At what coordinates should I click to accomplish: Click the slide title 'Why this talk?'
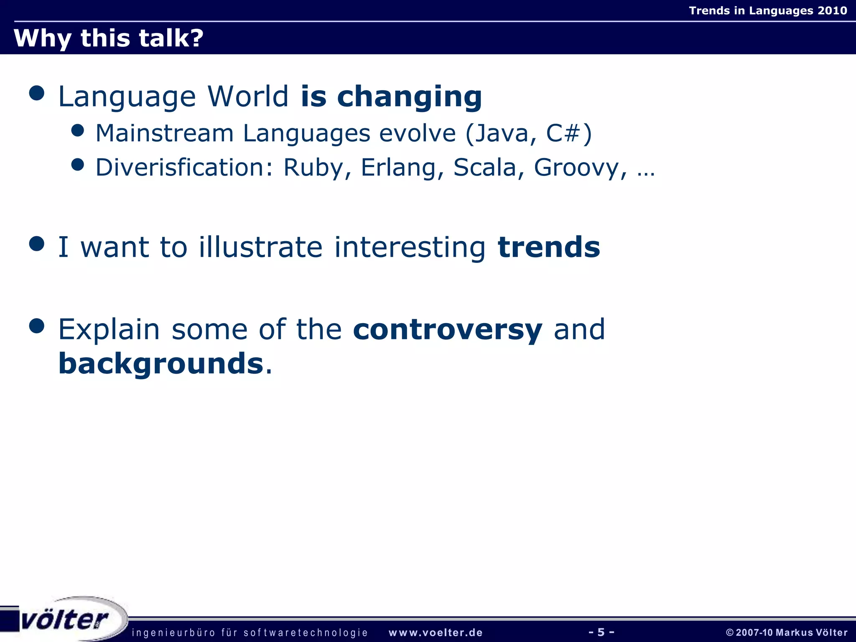point(108,38)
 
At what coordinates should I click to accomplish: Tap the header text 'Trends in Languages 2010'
point(767,10)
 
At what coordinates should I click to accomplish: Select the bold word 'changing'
point(409,97)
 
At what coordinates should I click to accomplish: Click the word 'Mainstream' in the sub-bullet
point(164,134)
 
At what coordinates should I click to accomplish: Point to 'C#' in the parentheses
point(563,134)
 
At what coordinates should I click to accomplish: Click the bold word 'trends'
point(549,247)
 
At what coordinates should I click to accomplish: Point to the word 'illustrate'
point(260,247)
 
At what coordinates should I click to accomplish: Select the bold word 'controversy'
point(447,330)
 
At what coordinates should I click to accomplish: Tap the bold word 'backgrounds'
point(161,363)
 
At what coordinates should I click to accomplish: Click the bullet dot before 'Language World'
point(37,93)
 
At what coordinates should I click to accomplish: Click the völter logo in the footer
point(65,620)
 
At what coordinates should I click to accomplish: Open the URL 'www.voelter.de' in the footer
point(436,632)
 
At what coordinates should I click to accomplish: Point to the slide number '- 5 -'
point(601,632)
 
